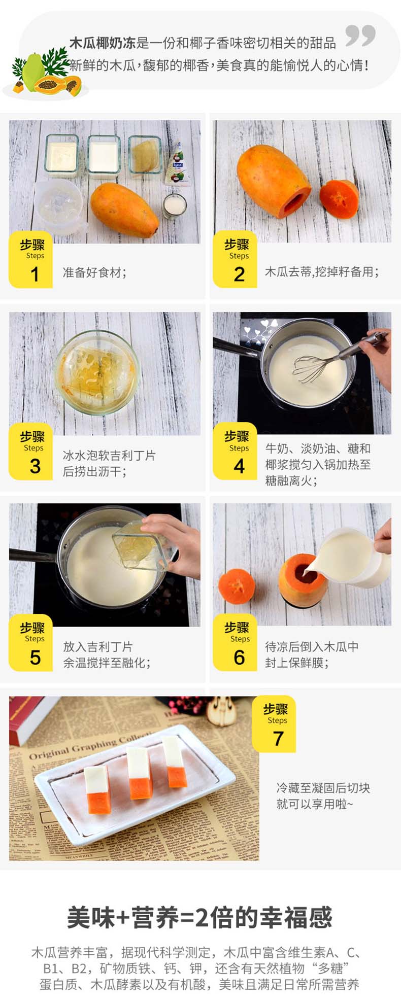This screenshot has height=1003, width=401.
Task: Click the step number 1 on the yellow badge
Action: [x=35, y=274]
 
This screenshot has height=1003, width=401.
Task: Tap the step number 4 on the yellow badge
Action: [x=239, y=466]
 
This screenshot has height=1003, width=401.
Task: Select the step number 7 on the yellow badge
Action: [x=278, y=739]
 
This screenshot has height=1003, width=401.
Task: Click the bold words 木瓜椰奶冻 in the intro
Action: [x=102, y=43]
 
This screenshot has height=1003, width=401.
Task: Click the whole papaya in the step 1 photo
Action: [x=124, y=210]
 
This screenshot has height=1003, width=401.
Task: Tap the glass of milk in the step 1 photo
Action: [x=174, y=206]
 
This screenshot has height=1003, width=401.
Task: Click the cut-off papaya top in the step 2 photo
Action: [x=339, y=199]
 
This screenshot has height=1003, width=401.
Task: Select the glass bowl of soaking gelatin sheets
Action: [x=96, y=372]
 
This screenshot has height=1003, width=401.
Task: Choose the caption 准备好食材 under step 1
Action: [x=94, y=272]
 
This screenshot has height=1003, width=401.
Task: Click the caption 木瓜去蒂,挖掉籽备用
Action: [x=322, y=272]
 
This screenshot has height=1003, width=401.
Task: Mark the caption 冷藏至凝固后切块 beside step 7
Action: [x=323, y=788]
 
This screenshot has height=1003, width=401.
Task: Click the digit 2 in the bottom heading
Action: [x=202, y=917]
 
